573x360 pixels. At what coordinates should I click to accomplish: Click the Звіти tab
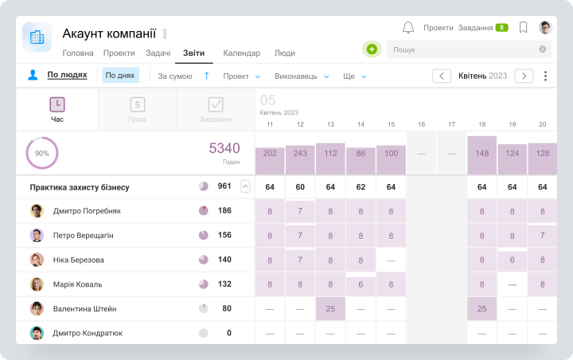pyautogui.click(x=193, y=53)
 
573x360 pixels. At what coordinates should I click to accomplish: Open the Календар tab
pyautogui.click(x=242, y=53)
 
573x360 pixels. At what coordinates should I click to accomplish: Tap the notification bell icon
pyautogui.click(x=408, y=27)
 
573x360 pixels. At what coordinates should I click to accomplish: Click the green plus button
pyautogui.click(x=372, y=49)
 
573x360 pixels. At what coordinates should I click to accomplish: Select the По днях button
pyautogui.click(x=120, y=76)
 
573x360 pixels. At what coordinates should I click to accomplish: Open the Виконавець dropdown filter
pyautogui.click(x=302, y=76)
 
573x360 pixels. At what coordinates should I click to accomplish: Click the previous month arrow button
pyautogui.click(x=442, y=76)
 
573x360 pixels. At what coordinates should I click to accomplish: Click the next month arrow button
pyautogui.click(x=524, y=76)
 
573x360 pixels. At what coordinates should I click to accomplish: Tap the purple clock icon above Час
pyautogui.click(x=57, y=104)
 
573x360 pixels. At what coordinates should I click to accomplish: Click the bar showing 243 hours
pyautogui.click(x=300, y=160)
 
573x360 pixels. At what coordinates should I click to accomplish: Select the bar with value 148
pyautogui.click(x=482, y=155)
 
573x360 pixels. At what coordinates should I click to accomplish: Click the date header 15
pyautogui.click(x=391, y=124)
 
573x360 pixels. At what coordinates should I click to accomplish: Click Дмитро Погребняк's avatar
pyautogui.click(x=37, y=211)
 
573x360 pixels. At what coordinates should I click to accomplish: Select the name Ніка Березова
pyautogui.click(x=79, y=260)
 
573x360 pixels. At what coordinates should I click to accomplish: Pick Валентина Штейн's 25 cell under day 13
pyautogui.click(x=330, y=309)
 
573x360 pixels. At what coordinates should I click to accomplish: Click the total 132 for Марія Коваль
pyautogui.click(x=224, y=284)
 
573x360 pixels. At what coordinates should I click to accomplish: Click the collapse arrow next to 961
pyautogui.click(x=246, y=186)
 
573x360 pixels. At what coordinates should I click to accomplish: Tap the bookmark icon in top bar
pyautogui.click(x=524, y=27)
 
